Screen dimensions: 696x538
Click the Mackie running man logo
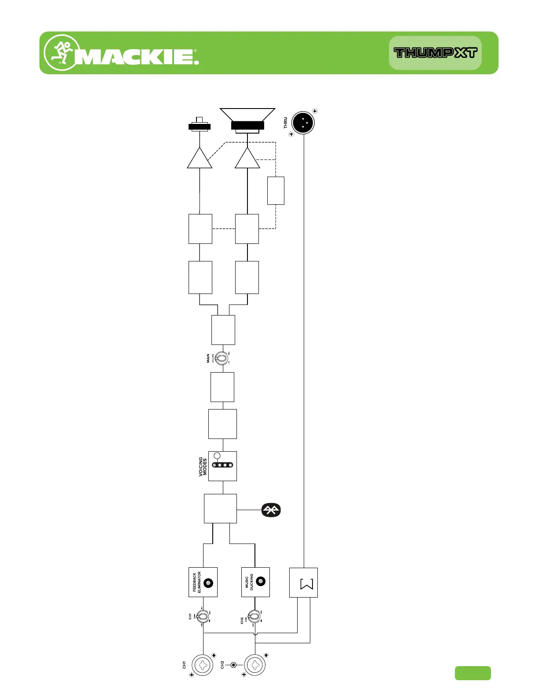(x=62, y=52)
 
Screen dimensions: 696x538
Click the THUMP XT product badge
(x=435, y=53)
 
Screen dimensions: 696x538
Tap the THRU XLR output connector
(x=303, y=123)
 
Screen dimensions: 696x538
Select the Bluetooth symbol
(x=271, y=510)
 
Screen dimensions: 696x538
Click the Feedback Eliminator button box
(x=203, y=582)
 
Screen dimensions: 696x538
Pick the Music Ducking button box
(x=255, y=582)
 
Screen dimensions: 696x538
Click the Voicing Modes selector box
(x=222, y=466)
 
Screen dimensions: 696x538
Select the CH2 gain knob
(x=254, y=616)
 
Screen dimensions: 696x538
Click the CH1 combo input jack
(x=203, y=665)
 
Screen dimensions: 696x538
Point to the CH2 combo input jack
(x=255, y=665)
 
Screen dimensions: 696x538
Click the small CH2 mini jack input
(x=233, y=665)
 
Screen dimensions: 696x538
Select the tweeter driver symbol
(x=200, y=125)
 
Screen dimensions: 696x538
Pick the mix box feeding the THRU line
(x=303, y=583)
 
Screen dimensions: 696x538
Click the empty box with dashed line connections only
(x=276, y=191)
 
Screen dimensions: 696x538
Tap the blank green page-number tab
(x=473, y=673)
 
